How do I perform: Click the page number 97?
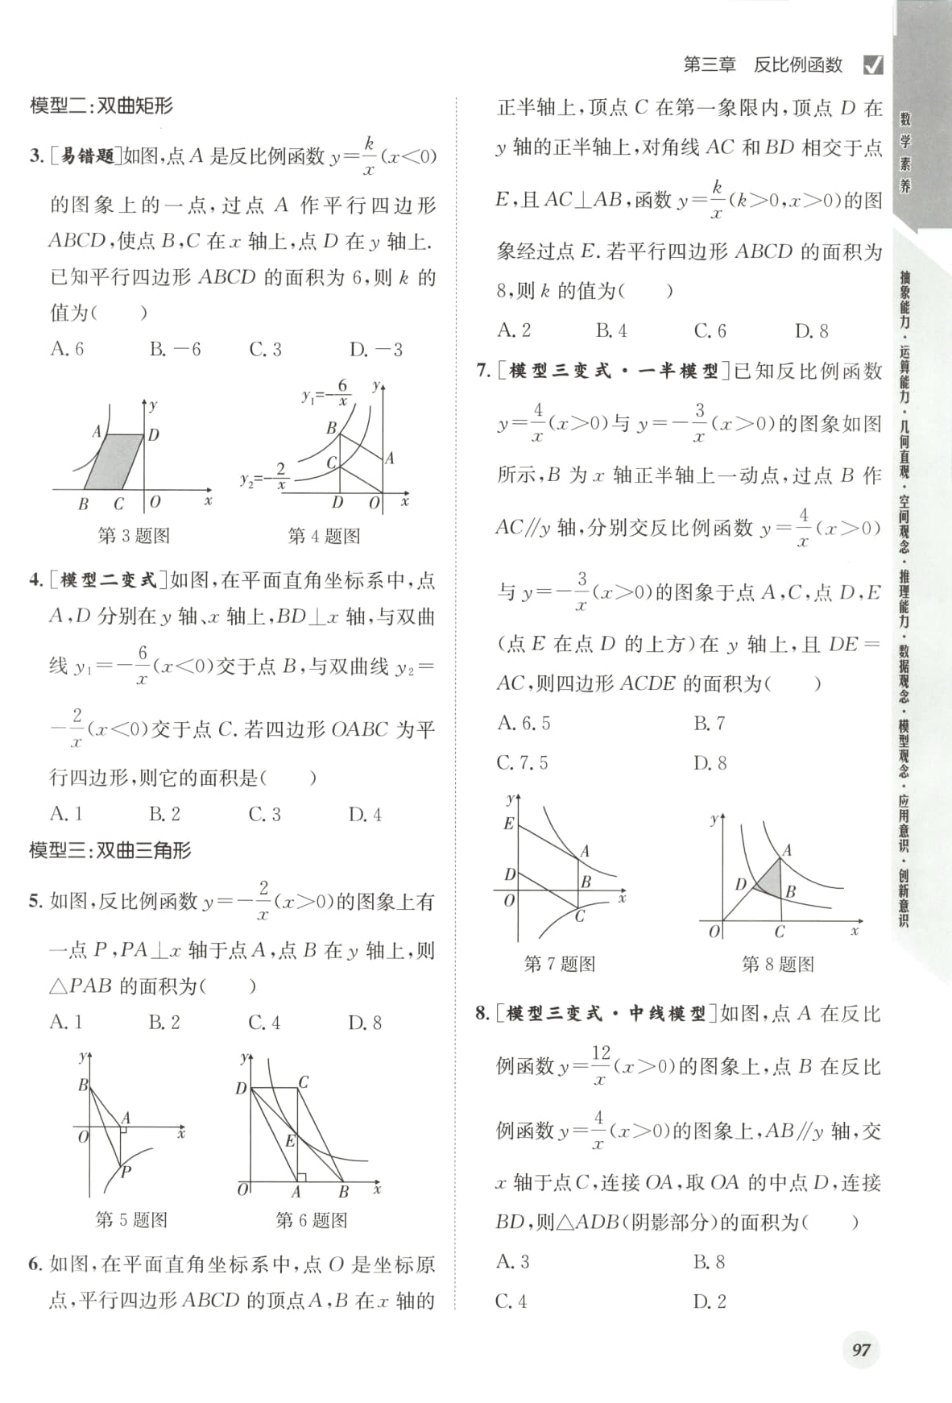[861, 1350]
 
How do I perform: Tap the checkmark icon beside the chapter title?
[872, 64]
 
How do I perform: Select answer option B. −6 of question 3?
[175, 349]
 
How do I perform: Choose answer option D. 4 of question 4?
[365, 815]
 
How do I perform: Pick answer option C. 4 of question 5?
[264, 1023]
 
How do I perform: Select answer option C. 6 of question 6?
[710, 330]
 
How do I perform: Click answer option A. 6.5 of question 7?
[524, 723]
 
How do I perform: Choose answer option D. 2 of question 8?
[710, 1301]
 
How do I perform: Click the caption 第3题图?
[134, 535]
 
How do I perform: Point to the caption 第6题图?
[311, 1220]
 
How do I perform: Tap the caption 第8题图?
[777, 964]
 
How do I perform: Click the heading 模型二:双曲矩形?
[101, 106]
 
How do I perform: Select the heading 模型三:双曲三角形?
[110, 850]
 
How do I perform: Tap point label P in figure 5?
[126, 1173]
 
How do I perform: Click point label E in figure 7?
[508, 824]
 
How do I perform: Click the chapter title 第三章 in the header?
[710, 65]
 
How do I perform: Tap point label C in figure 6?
[304, 1082]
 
